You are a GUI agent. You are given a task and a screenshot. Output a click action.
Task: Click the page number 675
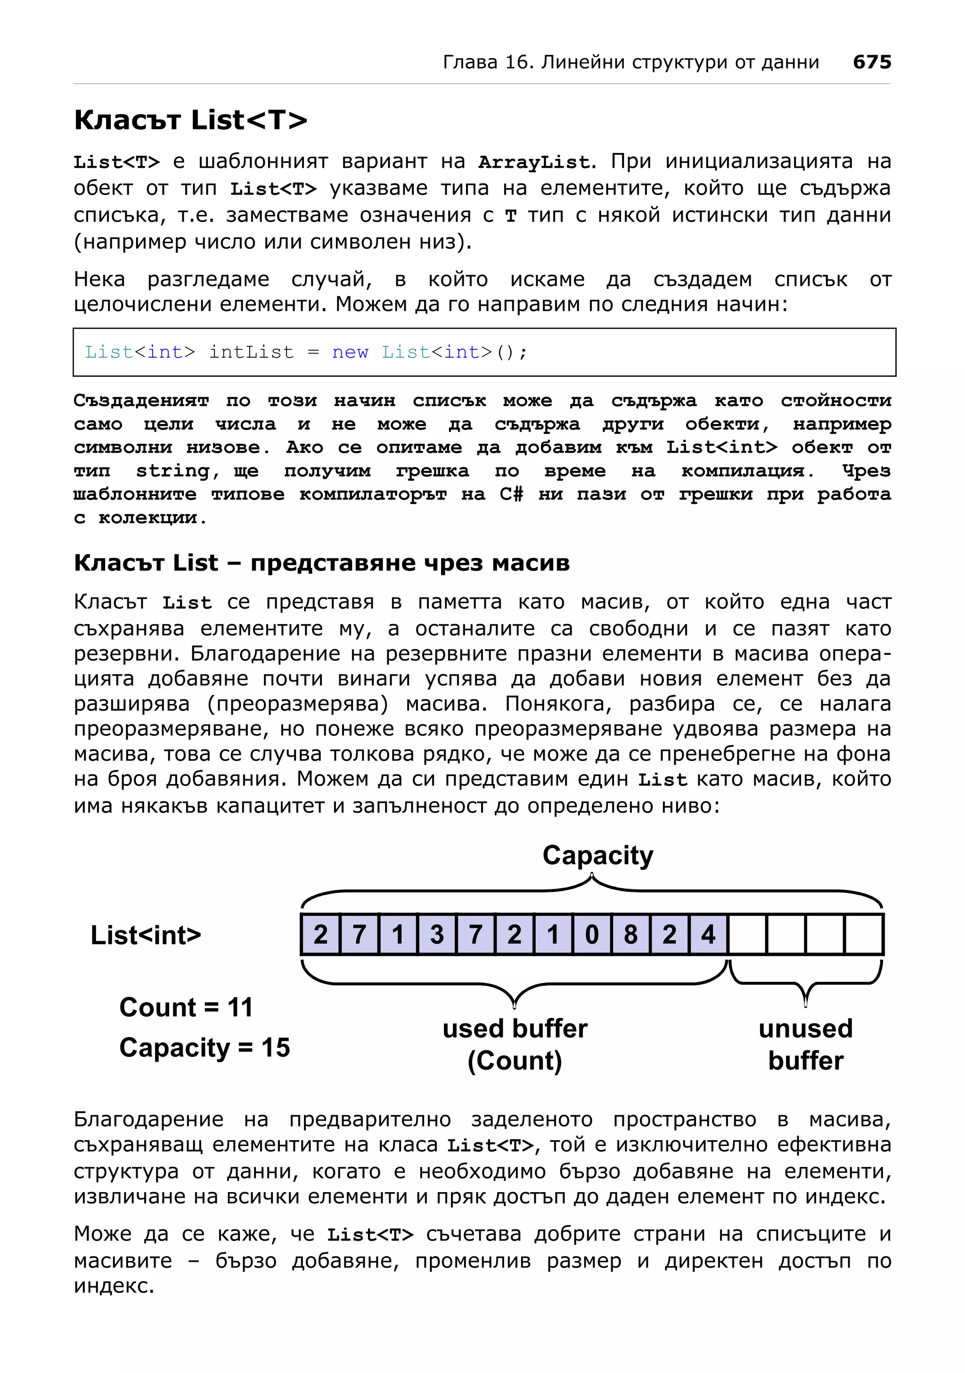(872, 62)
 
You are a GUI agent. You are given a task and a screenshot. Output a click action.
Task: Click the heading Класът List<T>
(190, 120)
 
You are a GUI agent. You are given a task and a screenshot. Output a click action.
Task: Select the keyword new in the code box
(350, 352)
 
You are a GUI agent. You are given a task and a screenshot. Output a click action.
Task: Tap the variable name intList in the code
(251, 352)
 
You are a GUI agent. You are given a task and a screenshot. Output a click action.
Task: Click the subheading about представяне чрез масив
(322, 563)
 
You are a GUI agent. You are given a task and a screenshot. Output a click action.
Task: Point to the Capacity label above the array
(597, 855)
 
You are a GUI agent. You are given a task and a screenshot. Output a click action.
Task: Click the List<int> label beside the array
(146, 935)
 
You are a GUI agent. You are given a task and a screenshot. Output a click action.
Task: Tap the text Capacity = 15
(204, 1048)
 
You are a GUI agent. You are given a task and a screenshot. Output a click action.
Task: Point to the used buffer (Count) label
(515, 1044)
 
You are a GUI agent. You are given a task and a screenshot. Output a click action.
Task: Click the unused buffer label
(805, 1044)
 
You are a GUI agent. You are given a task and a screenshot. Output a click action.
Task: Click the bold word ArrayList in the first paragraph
(533, 163)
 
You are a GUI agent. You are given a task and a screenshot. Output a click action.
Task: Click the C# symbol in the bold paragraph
(511, 495)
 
